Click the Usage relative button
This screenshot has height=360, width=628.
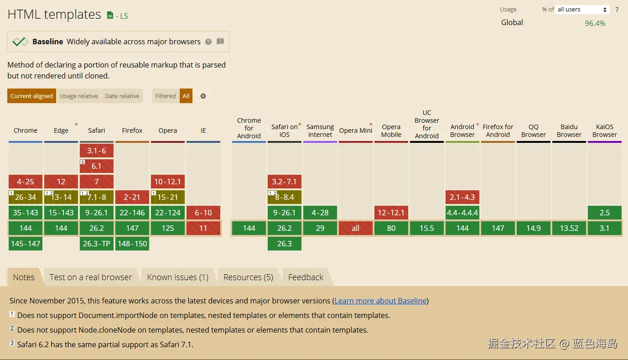click(x=79, y=96)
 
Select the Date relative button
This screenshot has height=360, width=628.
click(x=122, y=96)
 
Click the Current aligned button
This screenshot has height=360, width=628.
click(x=31, y=96)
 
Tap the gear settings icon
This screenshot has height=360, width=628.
click(x=203, y=96)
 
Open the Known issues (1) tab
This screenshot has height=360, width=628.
click(x=177, y=277)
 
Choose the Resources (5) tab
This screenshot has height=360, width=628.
click(x=248, y=277)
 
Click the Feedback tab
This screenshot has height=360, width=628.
click(x=306, y=277)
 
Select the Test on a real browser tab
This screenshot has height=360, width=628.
click(x=91, y=277)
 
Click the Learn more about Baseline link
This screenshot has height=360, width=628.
click(x=380, y=301)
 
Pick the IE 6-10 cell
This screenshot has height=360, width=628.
click(x=203, y=213)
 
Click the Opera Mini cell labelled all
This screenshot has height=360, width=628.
click(x=356, y=228)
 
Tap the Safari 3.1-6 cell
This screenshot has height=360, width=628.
click(x=97, y=151)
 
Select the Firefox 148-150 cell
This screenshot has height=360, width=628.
click(x=132, y=244)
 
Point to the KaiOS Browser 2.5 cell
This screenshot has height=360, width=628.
click(x=605, y=213)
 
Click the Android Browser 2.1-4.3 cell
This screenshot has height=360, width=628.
click(x=462, y=197)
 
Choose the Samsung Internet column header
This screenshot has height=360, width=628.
click(x=320, y=130)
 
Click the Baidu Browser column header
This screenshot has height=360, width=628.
click(x=569, y=130)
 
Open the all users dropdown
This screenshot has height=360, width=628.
click(x=582, y=10)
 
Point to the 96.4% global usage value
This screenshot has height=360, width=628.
click(x=595, y=23)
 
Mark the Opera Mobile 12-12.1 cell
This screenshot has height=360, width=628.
click(x=391, y=213)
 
